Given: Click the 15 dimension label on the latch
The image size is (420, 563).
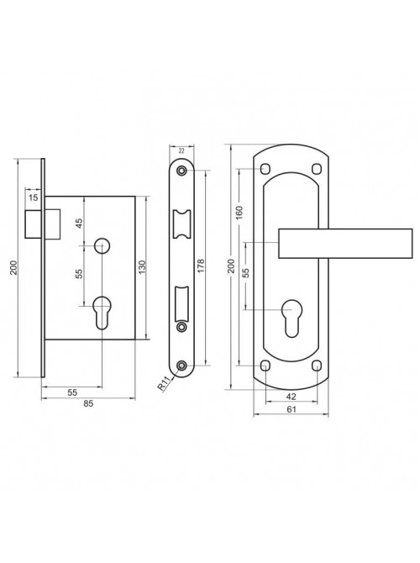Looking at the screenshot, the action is pyautogui.click(x=33, y=197).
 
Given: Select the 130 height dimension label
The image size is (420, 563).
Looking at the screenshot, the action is pyautogui.click(x=141, y=268).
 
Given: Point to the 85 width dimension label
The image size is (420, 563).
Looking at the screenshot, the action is pyautogui.click(x=88, y=403).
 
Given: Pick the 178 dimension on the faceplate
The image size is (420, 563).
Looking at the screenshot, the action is pyautogui.click(x=201, y=266).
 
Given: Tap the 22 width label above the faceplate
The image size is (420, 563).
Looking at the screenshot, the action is pyautogui.click(x=181, y=151).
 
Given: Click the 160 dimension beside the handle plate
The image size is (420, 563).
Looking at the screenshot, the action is pyautogui.click(x=239, y=213).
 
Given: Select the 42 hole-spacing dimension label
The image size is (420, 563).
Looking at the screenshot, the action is pyautogui.click(x=291, y=397).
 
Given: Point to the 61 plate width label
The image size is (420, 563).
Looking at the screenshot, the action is pyautogui.click(x=291, y=409).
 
